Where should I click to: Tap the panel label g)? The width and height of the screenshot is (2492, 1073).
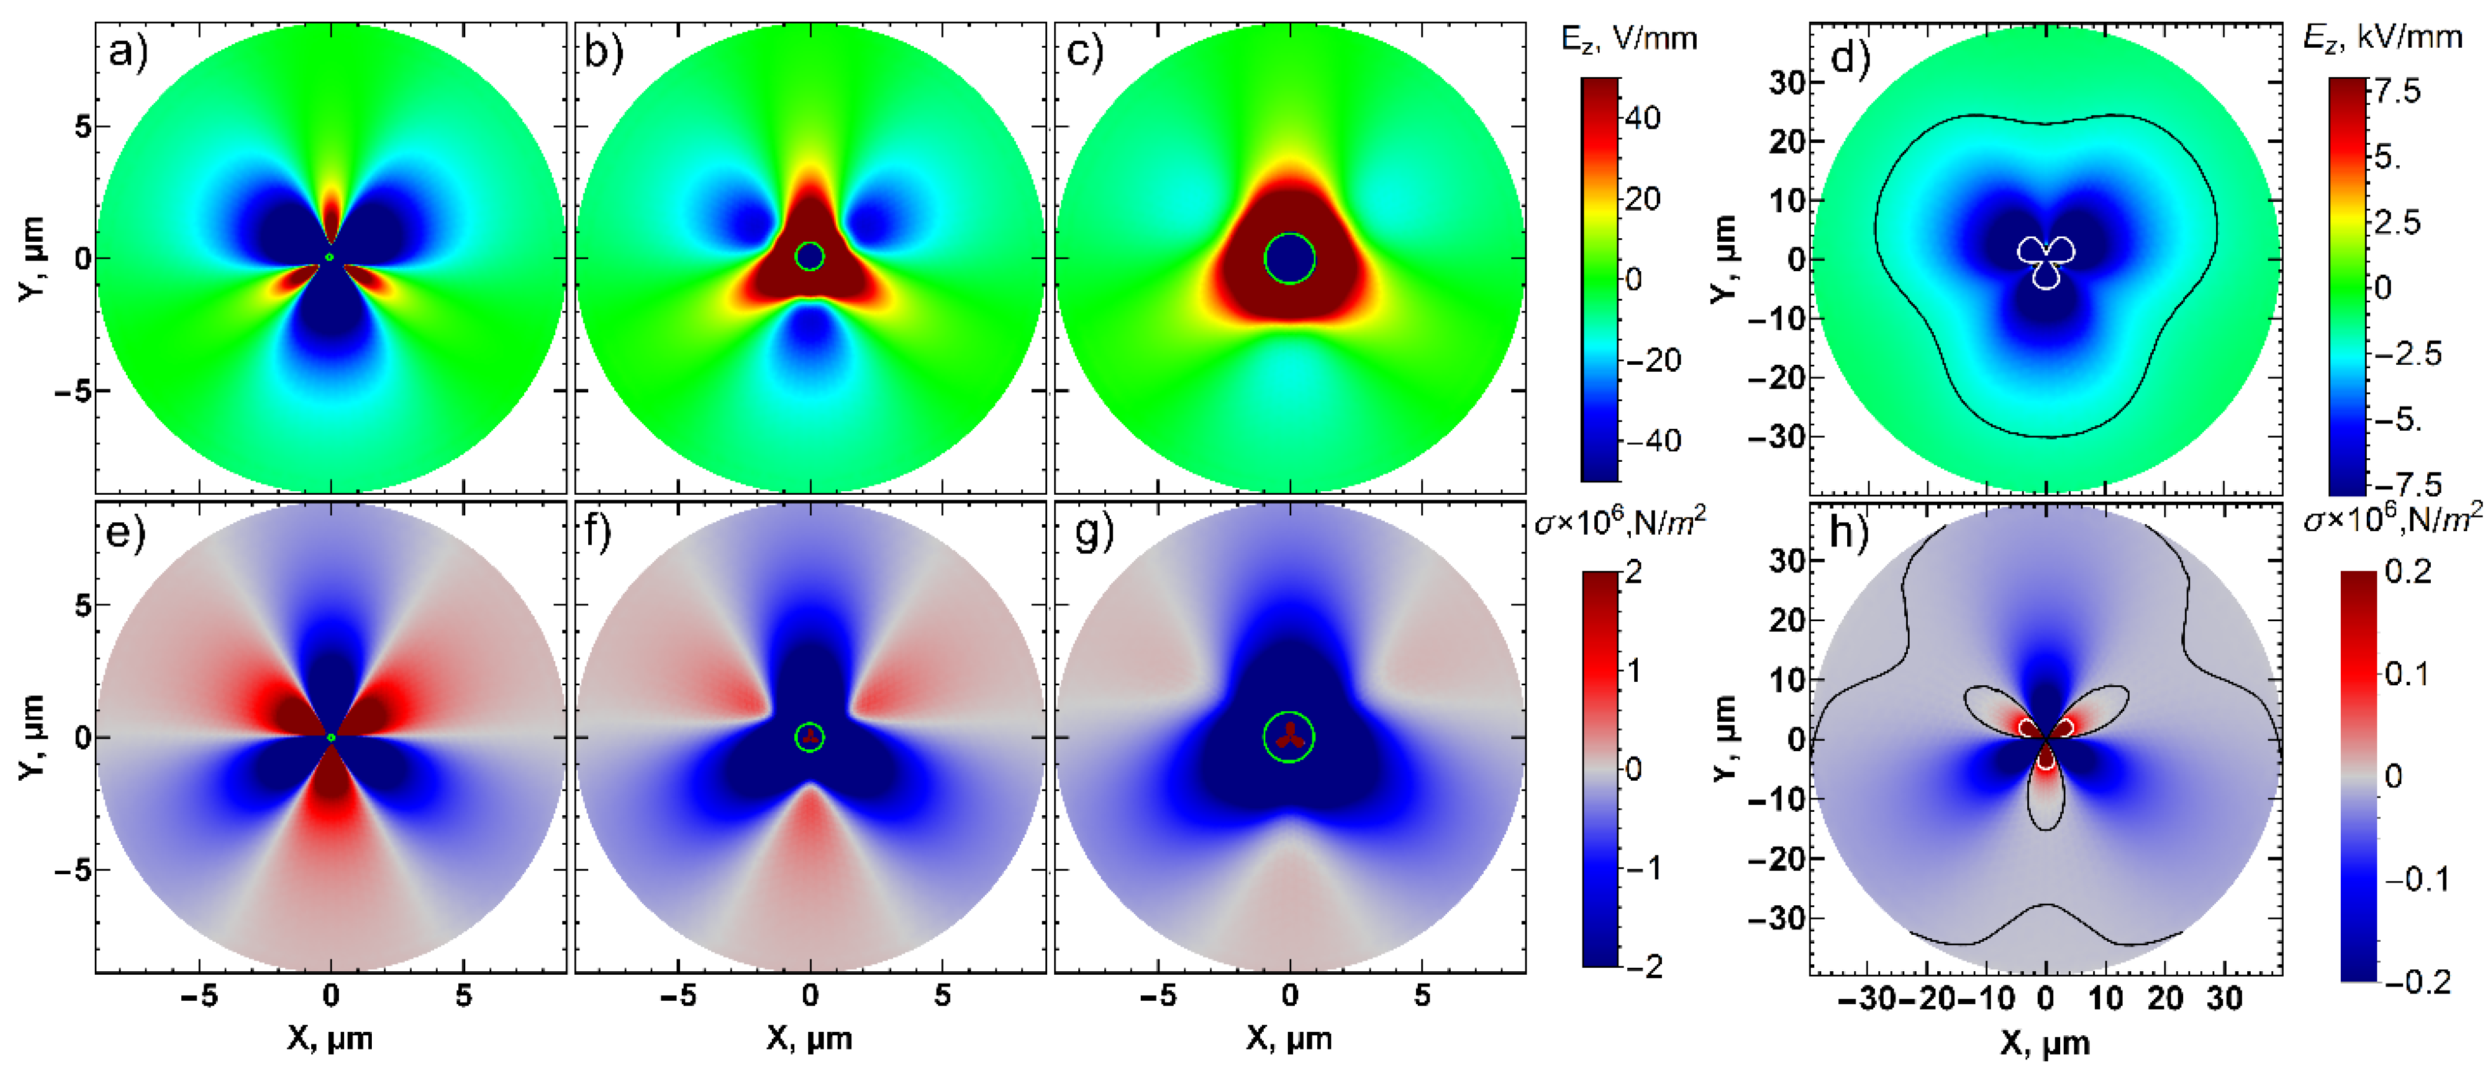coord(1093,531)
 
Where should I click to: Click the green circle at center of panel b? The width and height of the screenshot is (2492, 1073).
coord(809,256)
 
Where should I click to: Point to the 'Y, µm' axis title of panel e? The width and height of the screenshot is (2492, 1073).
coord(31,737)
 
